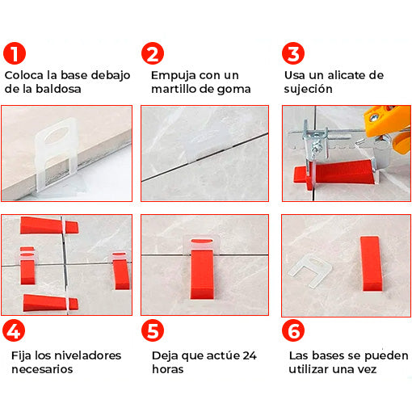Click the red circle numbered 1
click(15, 53)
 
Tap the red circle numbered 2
click(153, 53)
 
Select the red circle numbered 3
click(293, 53)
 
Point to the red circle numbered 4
click(14, 330)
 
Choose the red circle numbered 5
click(153, 330)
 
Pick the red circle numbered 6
click(293, 330)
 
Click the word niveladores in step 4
click(88, 355)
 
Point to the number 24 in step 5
click(250, 355)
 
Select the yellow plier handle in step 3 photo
click(388, 128)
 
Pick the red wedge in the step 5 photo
click(202, 272)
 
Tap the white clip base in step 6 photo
click(310, 271)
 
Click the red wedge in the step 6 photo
click(371, 264)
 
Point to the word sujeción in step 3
click(308, 90)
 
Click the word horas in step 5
click(168, 369)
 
